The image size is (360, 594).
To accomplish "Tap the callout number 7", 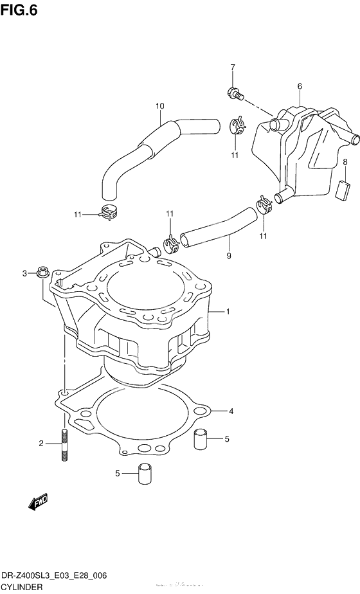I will coord(233,68).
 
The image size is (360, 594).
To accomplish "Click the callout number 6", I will coord(300,86).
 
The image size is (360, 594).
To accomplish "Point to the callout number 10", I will coord(160,106).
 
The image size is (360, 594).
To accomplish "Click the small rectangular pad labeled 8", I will coord(343,191).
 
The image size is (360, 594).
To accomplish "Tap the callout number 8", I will coord(345,161).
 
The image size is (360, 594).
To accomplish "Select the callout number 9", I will coord(229,256).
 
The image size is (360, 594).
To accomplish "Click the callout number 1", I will coord(228,312).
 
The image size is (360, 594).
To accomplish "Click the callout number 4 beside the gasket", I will coord(231,411).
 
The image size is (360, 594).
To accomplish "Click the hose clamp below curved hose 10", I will coord(111,210).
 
